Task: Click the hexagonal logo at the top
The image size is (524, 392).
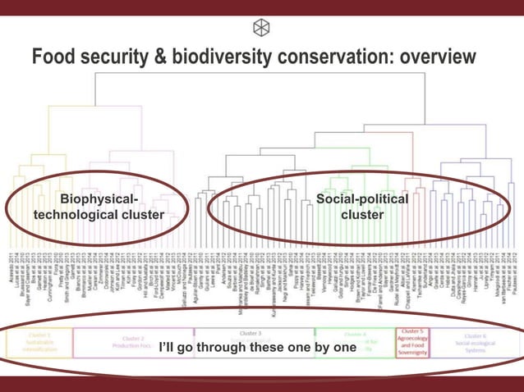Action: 261,27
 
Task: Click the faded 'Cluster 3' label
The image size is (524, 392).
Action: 250,334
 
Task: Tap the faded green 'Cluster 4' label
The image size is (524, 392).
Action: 355,335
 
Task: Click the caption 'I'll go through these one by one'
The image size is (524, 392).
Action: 257,348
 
